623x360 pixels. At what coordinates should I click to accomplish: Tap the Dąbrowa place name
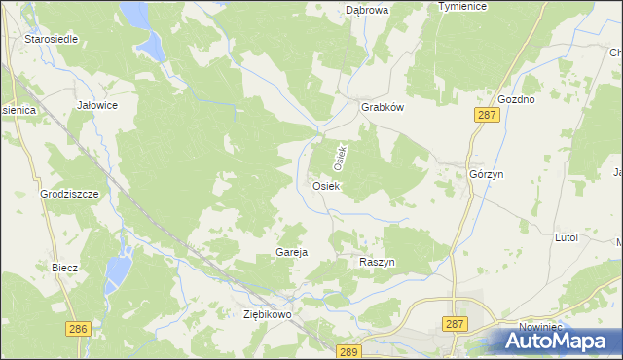367,10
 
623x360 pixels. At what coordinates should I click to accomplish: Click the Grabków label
383,108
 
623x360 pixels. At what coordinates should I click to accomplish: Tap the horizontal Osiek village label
325,186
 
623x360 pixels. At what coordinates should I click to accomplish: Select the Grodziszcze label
70,194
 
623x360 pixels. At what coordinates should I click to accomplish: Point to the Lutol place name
566,237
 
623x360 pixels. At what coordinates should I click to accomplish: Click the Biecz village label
64,267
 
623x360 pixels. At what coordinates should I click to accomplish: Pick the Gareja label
292,252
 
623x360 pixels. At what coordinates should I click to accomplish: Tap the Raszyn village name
376,264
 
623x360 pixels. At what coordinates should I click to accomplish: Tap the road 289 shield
350,350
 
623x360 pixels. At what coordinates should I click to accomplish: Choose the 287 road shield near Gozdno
487,115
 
